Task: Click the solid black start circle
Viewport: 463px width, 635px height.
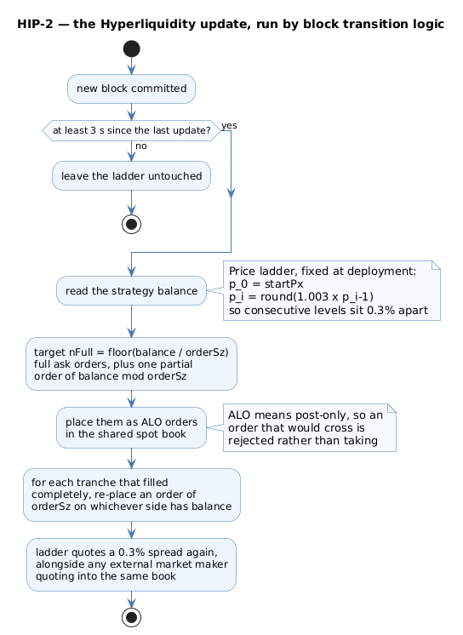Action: coord(131,49)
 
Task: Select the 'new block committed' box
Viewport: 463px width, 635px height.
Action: coord(131,89)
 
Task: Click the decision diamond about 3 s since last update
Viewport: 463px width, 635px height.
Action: coord(131,130)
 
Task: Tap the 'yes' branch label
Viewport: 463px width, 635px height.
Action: coord(229,125)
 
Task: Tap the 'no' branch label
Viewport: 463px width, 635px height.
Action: coord(141,146)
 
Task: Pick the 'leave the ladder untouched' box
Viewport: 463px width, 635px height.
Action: coord(131,175)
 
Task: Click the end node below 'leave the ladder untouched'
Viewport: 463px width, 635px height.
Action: coord(131,225)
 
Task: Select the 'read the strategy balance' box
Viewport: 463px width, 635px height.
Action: coord(131,291)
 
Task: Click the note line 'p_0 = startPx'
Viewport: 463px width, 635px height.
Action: coord(266,284)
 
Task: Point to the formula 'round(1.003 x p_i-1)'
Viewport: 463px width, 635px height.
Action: coord(317,297)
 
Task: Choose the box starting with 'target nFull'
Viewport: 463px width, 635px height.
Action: coord(131,363)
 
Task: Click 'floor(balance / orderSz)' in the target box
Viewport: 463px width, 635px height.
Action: coord(169,352)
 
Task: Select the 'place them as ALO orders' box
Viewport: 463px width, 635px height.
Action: coord(131,427)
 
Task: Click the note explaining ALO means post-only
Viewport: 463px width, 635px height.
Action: coord(310,427)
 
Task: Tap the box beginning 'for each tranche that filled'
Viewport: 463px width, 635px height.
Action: coord(132,495)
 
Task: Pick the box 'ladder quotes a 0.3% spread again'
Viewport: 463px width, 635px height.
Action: coord(131,564)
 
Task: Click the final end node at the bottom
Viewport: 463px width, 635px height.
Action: coord(131,618)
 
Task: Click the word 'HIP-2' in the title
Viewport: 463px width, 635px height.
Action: coord(35,25)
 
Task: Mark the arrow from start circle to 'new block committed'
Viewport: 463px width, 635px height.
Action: coord(131,66)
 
